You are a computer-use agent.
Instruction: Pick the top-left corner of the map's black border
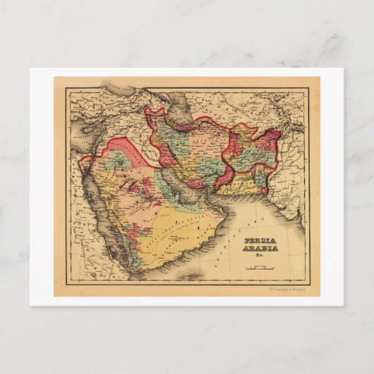point(68,88)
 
